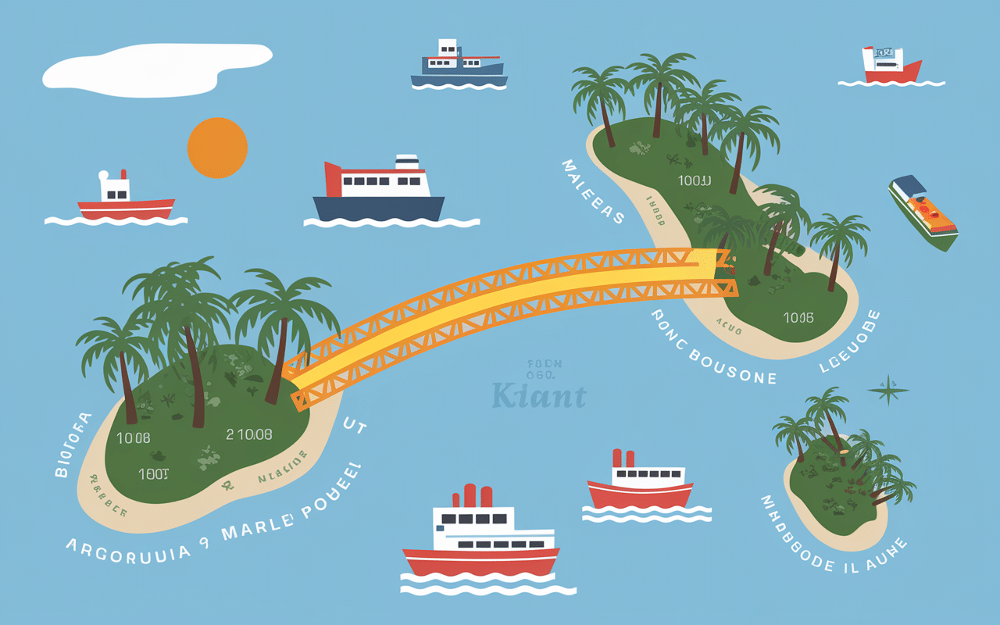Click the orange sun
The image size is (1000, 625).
pos(217,148)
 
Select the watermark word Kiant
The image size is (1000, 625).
pos(539,396)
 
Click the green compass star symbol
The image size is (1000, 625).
pos(888,390)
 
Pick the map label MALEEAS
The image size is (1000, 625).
pos(592,191)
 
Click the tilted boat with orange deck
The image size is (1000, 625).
pos(923,212)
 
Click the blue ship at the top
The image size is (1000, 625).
pos(459,64)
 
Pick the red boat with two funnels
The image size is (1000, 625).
pos(640,482)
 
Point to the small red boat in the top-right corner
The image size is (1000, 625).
pos(891,66)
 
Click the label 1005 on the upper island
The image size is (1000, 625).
pos(798,317)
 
